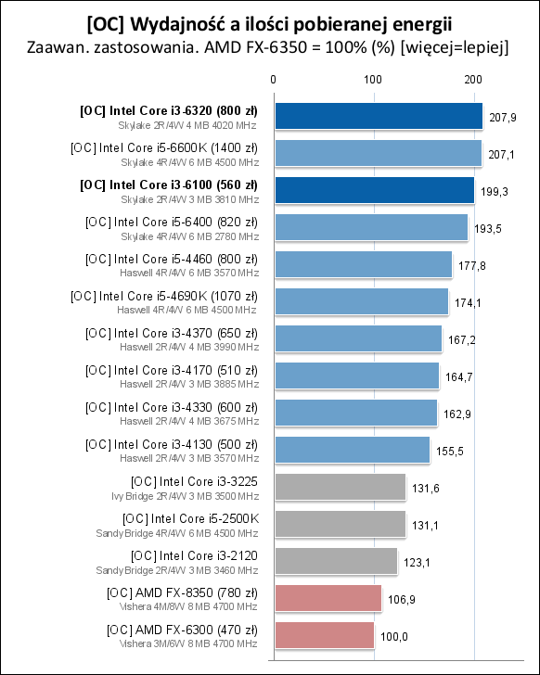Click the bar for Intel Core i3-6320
(x=378, y=116)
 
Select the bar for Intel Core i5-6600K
(x=377, y=153)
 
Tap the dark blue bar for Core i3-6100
(x=373, y=190)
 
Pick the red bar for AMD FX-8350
(x=328, y=598)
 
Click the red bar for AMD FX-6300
(x=324, y=635)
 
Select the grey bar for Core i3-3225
(x=340, y=487)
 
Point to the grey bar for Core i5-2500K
(x=340, y=524)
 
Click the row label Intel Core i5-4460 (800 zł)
(x=172, y=258)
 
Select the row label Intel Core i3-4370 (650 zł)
(x=172, y=332)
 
